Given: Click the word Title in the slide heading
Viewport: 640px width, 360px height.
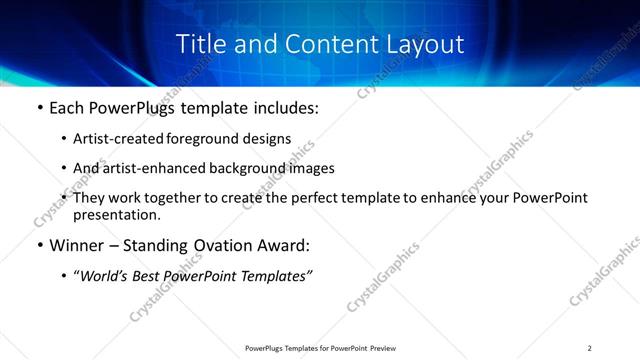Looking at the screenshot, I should pyautogui.click(x=200, y=45).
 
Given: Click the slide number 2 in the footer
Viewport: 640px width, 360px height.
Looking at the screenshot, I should pyautogui.click(x=590, y=348).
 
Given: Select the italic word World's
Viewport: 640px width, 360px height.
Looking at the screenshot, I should pyautogui.click(x=107, y=275).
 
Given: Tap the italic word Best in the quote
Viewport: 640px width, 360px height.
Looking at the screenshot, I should pyautogui.click(x=153, y=275).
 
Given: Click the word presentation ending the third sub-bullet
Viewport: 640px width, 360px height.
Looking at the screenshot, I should pyautogui.click(x=116, y=214).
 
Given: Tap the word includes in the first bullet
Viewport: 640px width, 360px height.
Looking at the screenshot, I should pyautogui.click(x=288, y=107).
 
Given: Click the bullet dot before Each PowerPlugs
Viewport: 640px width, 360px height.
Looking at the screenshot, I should pyautogui.click(x=38, y=107).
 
